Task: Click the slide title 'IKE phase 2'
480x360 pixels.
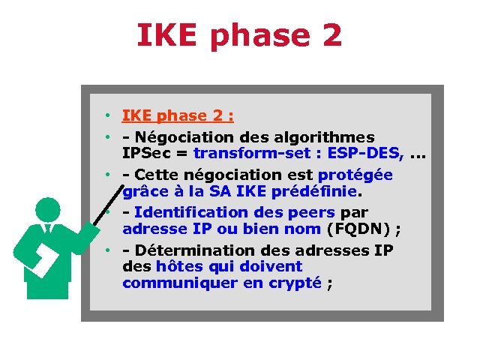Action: (239, 35)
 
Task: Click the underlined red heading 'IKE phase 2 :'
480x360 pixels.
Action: (178, 115)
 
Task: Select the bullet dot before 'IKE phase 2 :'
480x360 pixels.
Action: (109, 115)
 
